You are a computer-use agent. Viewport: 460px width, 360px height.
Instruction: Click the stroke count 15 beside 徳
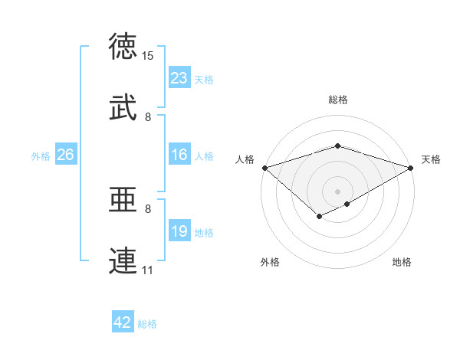click(148, 56)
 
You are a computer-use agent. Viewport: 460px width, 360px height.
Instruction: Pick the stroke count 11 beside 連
click(148, 270)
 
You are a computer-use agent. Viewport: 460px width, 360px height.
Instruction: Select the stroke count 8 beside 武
click(148, 117)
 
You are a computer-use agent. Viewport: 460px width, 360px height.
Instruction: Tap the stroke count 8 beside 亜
click(148, 208)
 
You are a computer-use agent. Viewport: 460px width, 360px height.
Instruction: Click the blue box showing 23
click(179, 78)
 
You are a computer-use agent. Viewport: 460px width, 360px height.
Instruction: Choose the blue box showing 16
click(179, 155)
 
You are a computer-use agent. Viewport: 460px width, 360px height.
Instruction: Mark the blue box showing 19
click(179, 231)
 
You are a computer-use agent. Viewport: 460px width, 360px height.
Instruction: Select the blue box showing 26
click(65, 155)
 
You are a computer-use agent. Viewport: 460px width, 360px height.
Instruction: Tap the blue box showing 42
click(123, 322)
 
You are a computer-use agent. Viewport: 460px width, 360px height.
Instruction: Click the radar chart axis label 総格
click(338, 100)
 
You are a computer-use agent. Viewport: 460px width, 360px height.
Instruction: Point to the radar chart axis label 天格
click(431, 159)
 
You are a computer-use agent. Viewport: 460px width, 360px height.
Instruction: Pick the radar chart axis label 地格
click(402, 263)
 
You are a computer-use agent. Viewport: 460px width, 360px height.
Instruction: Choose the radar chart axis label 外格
click(270, 263)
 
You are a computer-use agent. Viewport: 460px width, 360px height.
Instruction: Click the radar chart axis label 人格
click(245, 159)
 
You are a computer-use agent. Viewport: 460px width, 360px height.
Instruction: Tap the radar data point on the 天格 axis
click(412, 167)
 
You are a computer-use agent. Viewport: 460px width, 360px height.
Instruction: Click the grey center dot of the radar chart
click(338, 191)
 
